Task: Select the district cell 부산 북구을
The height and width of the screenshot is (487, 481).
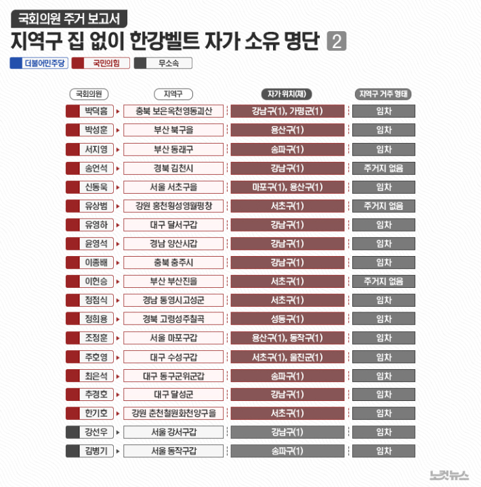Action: pyautogui.click(x=173, y=130)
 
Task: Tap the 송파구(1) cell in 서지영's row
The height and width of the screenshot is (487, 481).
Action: pyautogui.click(x=287, y=149)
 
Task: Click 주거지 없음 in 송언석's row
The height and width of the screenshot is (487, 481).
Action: pyautogui.click(x=383, y=168)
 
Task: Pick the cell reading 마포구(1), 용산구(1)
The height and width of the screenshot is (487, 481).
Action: pyautogui.click(x=287, y=187)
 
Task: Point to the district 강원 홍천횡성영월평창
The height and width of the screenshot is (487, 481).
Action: pyautogui.click(x=173, y=205)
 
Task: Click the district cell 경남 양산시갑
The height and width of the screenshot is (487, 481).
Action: pyautogui.click(x=173, y=243)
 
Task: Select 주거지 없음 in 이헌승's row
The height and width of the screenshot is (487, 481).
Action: pyautogui.click(x=383, y=281)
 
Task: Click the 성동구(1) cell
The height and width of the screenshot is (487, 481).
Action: pyautogui.click(x=287, y=318)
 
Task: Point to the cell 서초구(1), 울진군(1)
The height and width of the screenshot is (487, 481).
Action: pyautogui.click(x=287, y=356)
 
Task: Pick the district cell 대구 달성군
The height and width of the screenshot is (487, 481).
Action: pyautogui.click(x=173, y=394)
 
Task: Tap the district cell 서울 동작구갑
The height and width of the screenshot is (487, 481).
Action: pyautogui.click(x=173, y=450)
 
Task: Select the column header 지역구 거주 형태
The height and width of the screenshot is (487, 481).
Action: pyautogui.click(x=383, y=94)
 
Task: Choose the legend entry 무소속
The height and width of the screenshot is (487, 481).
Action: pyautogui.click(x=163, y=63)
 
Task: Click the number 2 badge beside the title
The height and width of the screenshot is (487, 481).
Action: pyautogui.click(x=336, y=41)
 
